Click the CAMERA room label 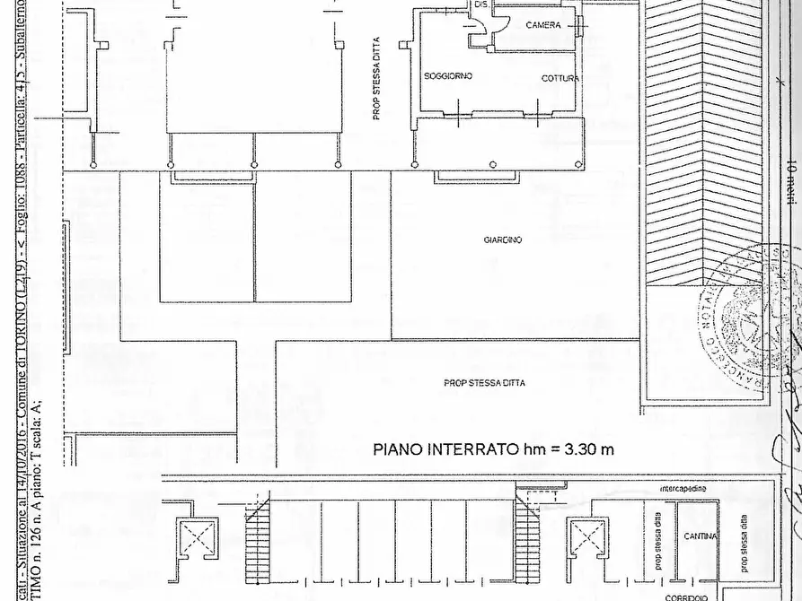coord(542,25)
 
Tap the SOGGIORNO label coord(448,77)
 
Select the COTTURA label coord(560,79)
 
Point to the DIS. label coord(481,5)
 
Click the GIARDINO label coord(503,240)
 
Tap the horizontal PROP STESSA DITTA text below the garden coord(484,383)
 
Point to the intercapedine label coord(682,488)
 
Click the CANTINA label coord(700,536)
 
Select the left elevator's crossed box coord(195,539)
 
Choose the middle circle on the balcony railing coord(492,164)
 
